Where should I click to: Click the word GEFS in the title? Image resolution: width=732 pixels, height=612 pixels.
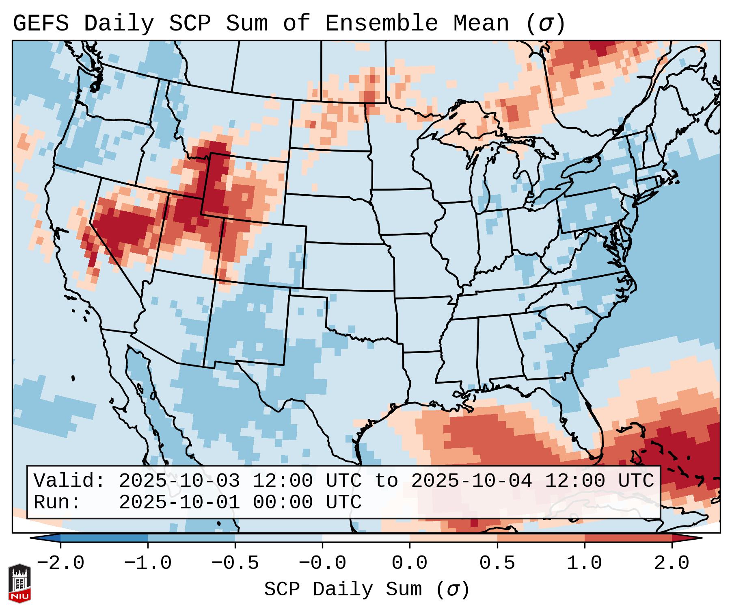(x=41, y=24)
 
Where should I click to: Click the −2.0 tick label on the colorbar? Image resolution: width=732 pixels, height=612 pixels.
(x=60, y=563)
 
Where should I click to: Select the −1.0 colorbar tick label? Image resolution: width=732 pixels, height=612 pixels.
(x=148, y=563)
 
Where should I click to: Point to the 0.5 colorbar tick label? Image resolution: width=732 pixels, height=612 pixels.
(x=497, y=563)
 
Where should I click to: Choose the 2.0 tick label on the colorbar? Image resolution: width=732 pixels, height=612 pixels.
(x=672, y=563)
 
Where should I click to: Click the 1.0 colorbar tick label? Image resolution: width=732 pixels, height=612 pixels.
(x=584, y=563)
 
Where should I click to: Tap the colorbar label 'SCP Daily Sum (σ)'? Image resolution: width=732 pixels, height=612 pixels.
(x=366, y=590)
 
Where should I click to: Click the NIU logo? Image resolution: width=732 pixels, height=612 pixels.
(x=19, y=583)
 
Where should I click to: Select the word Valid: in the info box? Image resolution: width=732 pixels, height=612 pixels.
(x=69, y=481)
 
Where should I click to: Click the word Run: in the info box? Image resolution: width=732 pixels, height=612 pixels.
(x=57, y=503)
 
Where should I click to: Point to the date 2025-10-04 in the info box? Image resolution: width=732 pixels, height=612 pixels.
(x=471, y=481)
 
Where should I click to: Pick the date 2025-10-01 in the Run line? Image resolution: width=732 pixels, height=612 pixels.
(x=179, y=503)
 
